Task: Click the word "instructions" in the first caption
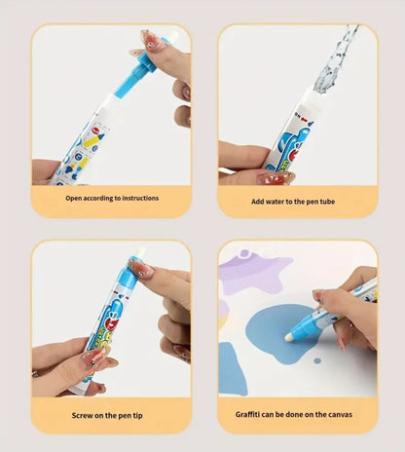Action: tap(136, 198)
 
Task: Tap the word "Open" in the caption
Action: tap(75, 198)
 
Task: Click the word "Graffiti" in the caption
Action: tap(253, 413)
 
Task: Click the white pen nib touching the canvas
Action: tap(289, 335)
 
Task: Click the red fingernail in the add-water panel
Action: tap(275, 177)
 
